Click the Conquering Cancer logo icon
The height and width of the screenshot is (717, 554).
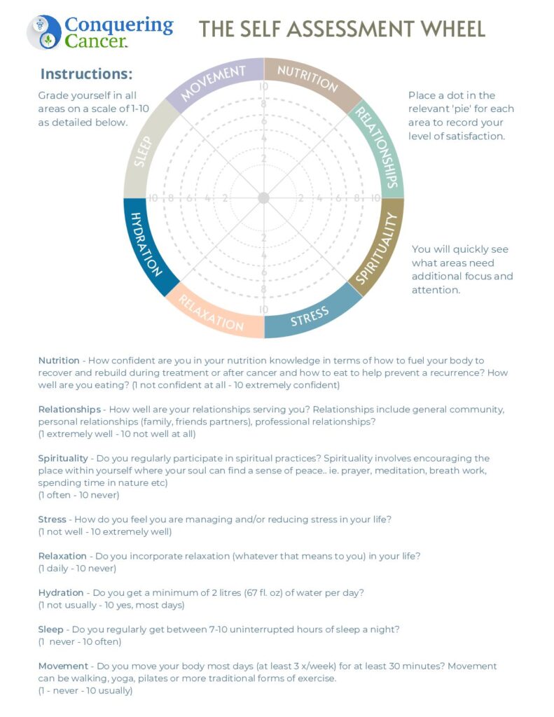click(43, 32)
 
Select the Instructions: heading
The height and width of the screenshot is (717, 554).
click(86, 74)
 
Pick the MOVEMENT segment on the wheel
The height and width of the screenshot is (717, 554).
click(214, 83)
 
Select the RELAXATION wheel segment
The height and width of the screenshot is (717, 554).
click(211, 312)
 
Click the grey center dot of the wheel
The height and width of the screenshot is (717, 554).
click(263, 198)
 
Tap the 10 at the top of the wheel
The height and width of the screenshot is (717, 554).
click(264, 88)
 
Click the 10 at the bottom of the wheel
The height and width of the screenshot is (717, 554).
click(263, 309)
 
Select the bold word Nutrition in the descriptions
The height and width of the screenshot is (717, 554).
click(59, 361)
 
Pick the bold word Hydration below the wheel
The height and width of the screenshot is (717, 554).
click(61, 592)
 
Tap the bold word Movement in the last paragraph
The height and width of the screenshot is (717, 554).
click(64, 666)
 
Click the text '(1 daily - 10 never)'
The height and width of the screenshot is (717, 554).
click(77, 568)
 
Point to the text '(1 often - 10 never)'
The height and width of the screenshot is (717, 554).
click(78, 495)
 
